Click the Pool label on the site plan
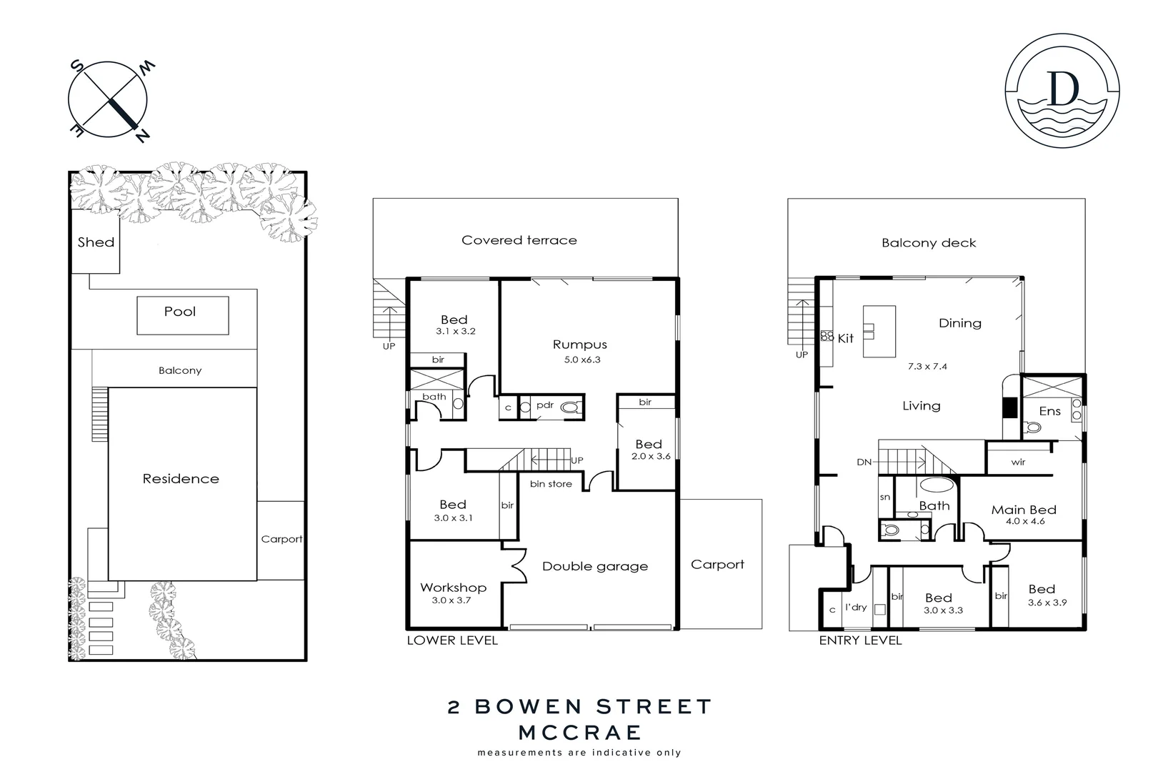(180, 312)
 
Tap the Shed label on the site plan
(96, 242)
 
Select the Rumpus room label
(579, 345)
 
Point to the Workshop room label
(453, 588)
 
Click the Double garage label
(595, 566)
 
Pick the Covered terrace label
(519, 240)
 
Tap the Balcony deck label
(929, 243)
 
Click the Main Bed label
(1024, 510)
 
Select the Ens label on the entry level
(1049, 411)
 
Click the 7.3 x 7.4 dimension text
(927, 367)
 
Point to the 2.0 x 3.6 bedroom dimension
(651, 456)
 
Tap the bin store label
(551, 484)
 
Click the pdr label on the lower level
(545, 405)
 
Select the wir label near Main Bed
(1018, 462)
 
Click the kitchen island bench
(879, 331)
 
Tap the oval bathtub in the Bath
(934, 484)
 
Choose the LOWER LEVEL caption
(452, 640)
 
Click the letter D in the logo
(1062, 90)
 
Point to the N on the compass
(142, 136)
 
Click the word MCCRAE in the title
(579, 733)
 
